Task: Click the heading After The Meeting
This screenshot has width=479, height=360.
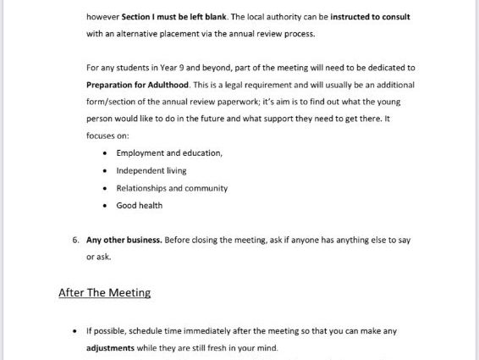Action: click(104, 292)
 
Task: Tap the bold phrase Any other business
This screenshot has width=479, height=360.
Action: click(124, 240)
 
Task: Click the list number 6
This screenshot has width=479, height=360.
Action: click(75, 240)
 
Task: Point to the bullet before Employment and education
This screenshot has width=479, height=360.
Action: click(104, 153)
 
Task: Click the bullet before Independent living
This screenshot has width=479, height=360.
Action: click(104, 171)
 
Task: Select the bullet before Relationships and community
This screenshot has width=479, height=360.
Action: click(104, 188)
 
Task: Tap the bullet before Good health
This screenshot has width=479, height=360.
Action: click(104, 206)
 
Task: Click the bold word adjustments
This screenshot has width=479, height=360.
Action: click(116, 347)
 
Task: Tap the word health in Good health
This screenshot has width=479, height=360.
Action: click(151, 206)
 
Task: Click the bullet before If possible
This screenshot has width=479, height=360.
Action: click(76, 331)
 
